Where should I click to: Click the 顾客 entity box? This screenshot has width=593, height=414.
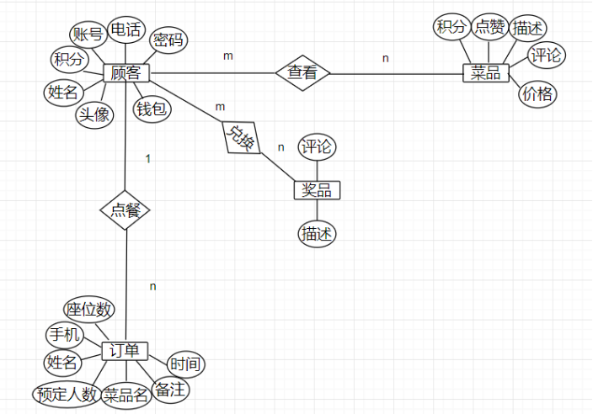click(126, 73)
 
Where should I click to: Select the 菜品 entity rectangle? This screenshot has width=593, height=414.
click(487, 73)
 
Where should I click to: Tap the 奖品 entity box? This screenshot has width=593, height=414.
click(318, 189)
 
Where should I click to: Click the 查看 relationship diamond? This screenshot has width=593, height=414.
click(302, 72)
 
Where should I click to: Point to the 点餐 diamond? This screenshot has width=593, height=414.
click(125, 210)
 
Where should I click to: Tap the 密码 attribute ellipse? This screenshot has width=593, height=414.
click(168, 40)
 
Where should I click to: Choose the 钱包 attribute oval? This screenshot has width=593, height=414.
click(152, 109)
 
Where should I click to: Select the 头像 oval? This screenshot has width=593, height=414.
click(94, 114)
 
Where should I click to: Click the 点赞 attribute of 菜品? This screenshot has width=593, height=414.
click(490, 27)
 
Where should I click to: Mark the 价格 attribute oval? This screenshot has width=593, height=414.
click(537, 93)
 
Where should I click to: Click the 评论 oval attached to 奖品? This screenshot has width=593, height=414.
click(318, 146)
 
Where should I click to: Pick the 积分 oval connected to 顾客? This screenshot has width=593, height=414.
click(69, 61)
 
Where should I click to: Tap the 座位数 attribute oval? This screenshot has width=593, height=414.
click(88, 309)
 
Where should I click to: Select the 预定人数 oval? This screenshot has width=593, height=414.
click(67, 393)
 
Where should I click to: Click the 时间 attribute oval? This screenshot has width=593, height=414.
click(184, 364)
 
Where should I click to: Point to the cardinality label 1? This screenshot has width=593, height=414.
click(148, 158)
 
